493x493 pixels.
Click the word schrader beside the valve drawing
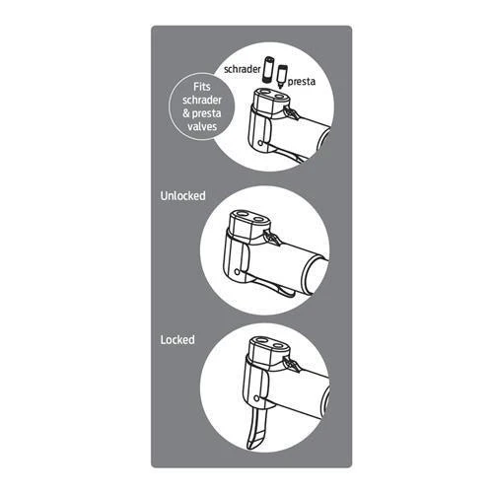coord(243,69)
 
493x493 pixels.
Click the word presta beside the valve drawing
coord(302,82)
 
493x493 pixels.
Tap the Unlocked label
coord(183,196)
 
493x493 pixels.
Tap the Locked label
coord(177,339)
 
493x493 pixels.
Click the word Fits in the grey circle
coord(202,87)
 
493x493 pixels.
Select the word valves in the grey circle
coord(202,126)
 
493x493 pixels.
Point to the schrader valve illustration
coord(269,70)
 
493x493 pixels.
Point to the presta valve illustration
coord(282,77)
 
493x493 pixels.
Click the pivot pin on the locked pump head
coord(256,398)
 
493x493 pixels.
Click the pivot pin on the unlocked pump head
coord(237,272)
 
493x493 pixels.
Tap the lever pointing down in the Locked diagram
coord(257,431)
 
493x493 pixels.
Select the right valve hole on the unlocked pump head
coord(259,218)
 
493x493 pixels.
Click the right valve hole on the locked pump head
coord(278,346)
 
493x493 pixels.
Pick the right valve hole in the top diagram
coord(280,97)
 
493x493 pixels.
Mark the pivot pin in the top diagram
coord(260,143)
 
